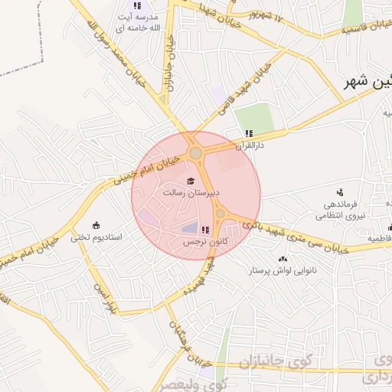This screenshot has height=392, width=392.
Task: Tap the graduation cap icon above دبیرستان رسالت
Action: pyautogui.click(x=191, y=180)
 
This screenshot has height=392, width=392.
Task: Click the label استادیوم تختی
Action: pyautogui.click(x=96, y=237)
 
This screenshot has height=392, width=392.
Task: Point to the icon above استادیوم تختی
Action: pyautogui.click(x=96, y=225)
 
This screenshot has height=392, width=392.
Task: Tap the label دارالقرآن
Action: pyautogui.click(x=248, y=144)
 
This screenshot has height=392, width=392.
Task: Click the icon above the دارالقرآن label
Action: pyautogui.click(x=248, y=133)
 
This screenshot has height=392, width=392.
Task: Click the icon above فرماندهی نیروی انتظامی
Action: pyautogui.click(x=340, y=191)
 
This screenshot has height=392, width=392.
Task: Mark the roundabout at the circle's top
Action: pyautogui.click(x=196, y=153)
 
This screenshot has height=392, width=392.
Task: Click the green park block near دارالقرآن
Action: pyautogui.click(x=254, y=116)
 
